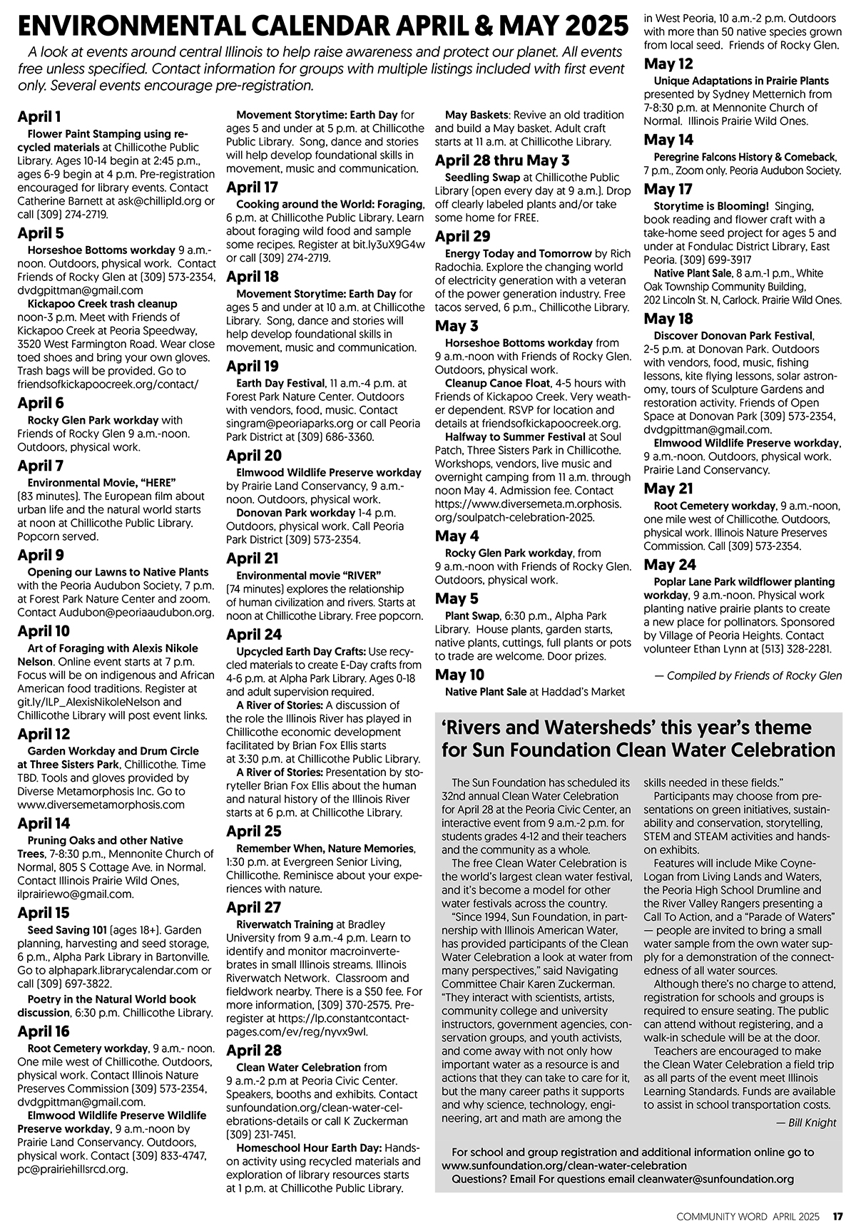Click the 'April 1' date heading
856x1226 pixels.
click(39, 117)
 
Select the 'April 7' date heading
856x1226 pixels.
click(41, 466)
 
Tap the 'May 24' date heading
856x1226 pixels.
click(670, 565)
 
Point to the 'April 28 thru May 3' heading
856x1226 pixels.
click(502, 160)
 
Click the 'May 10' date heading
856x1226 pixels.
click(459, 674)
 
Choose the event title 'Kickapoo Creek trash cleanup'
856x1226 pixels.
click(102, 304)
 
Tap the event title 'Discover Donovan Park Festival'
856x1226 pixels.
click(733, 336)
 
